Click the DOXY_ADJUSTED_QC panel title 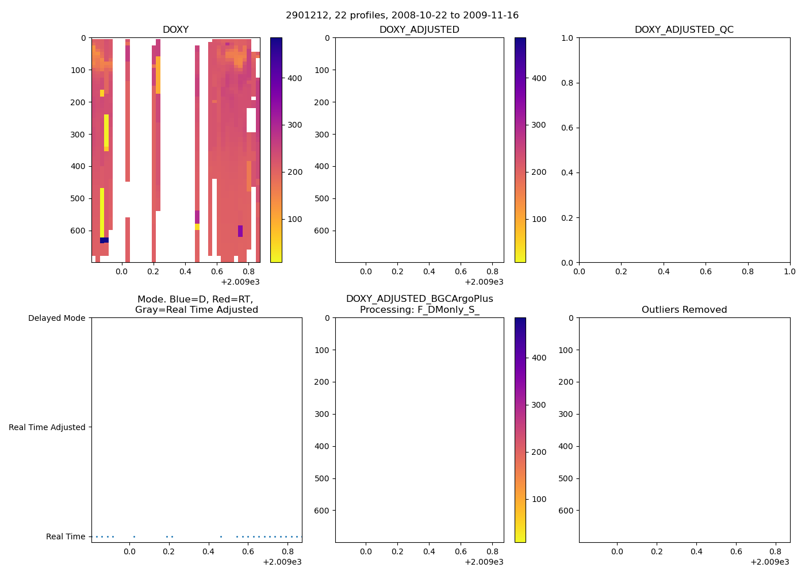[x=684, y=29]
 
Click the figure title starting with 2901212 [x=402, y=15]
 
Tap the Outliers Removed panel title [x=684, y=309]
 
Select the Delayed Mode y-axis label [x=56, y=318]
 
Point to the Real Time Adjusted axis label [x=47, y=427]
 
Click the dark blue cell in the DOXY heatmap [x=104, y=240]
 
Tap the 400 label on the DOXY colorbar [x=294, y=78]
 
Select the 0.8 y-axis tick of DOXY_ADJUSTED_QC [x=567, y=83]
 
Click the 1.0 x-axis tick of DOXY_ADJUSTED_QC [x=789, y=271]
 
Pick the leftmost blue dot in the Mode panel [x=97, y=536]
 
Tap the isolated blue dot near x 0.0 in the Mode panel [x=134, y=536]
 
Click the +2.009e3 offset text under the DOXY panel [x=240, y=282]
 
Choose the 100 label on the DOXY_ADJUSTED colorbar [x=539, y=219]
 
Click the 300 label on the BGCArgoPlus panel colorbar [x=539, y=405]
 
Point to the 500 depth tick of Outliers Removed [x=566, y=478]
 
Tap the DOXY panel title [x=175, y=29]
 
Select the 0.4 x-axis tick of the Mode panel [x=208, y=551]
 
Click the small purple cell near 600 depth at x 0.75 [x=240, y=231]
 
